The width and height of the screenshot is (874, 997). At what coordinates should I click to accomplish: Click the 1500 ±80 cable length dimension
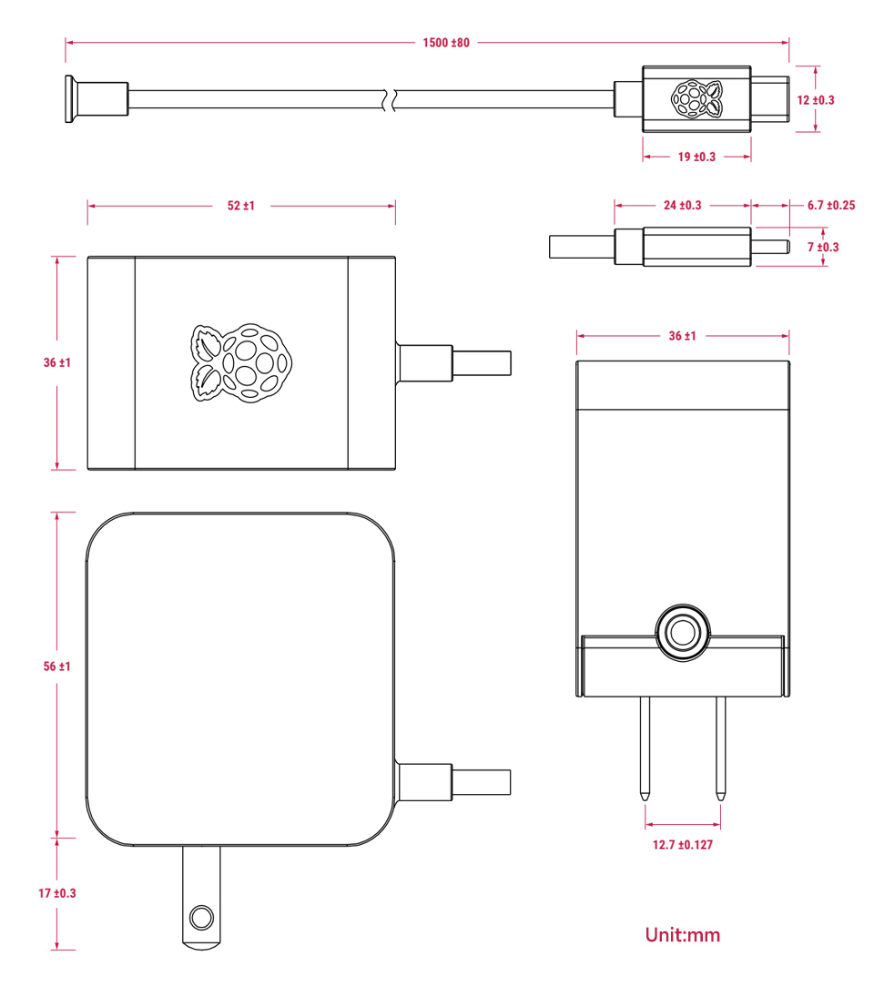[x=446, y=42]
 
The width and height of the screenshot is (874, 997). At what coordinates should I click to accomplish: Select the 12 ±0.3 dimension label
[x=816, y=99]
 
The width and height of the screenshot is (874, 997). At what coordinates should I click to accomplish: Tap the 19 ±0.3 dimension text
[x=696, y=157]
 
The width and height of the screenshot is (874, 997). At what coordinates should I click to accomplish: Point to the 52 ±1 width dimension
[x=241, y=206]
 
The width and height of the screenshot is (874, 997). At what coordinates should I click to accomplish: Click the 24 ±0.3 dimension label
[x=682, y=205]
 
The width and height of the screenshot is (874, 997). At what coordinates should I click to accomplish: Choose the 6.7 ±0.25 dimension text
[x=830, y=205]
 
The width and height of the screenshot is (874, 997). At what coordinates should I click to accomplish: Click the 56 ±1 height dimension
[x=57, y=666]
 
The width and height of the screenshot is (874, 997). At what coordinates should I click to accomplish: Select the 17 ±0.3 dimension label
[x=57, y=893]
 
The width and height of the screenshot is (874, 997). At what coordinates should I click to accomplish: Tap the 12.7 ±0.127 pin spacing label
[x=682, y=845]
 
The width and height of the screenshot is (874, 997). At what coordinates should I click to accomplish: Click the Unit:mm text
[x=682, y=934]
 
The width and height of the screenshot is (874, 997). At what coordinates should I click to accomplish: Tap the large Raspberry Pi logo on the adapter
[x=241, y=361]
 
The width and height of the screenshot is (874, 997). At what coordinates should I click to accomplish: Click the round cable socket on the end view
[x=682, y=631]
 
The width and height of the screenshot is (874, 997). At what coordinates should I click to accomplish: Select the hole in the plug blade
[x=201, y=915]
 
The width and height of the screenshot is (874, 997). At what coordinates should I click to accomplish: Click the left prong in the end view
[x=645, y=747]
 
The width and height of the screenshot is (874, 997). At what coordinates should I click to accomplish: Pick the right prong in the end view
[x=720, y=747]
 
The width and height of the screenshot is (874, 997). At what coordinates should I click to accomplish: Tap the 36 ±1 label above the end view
[x=682, y=336]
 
